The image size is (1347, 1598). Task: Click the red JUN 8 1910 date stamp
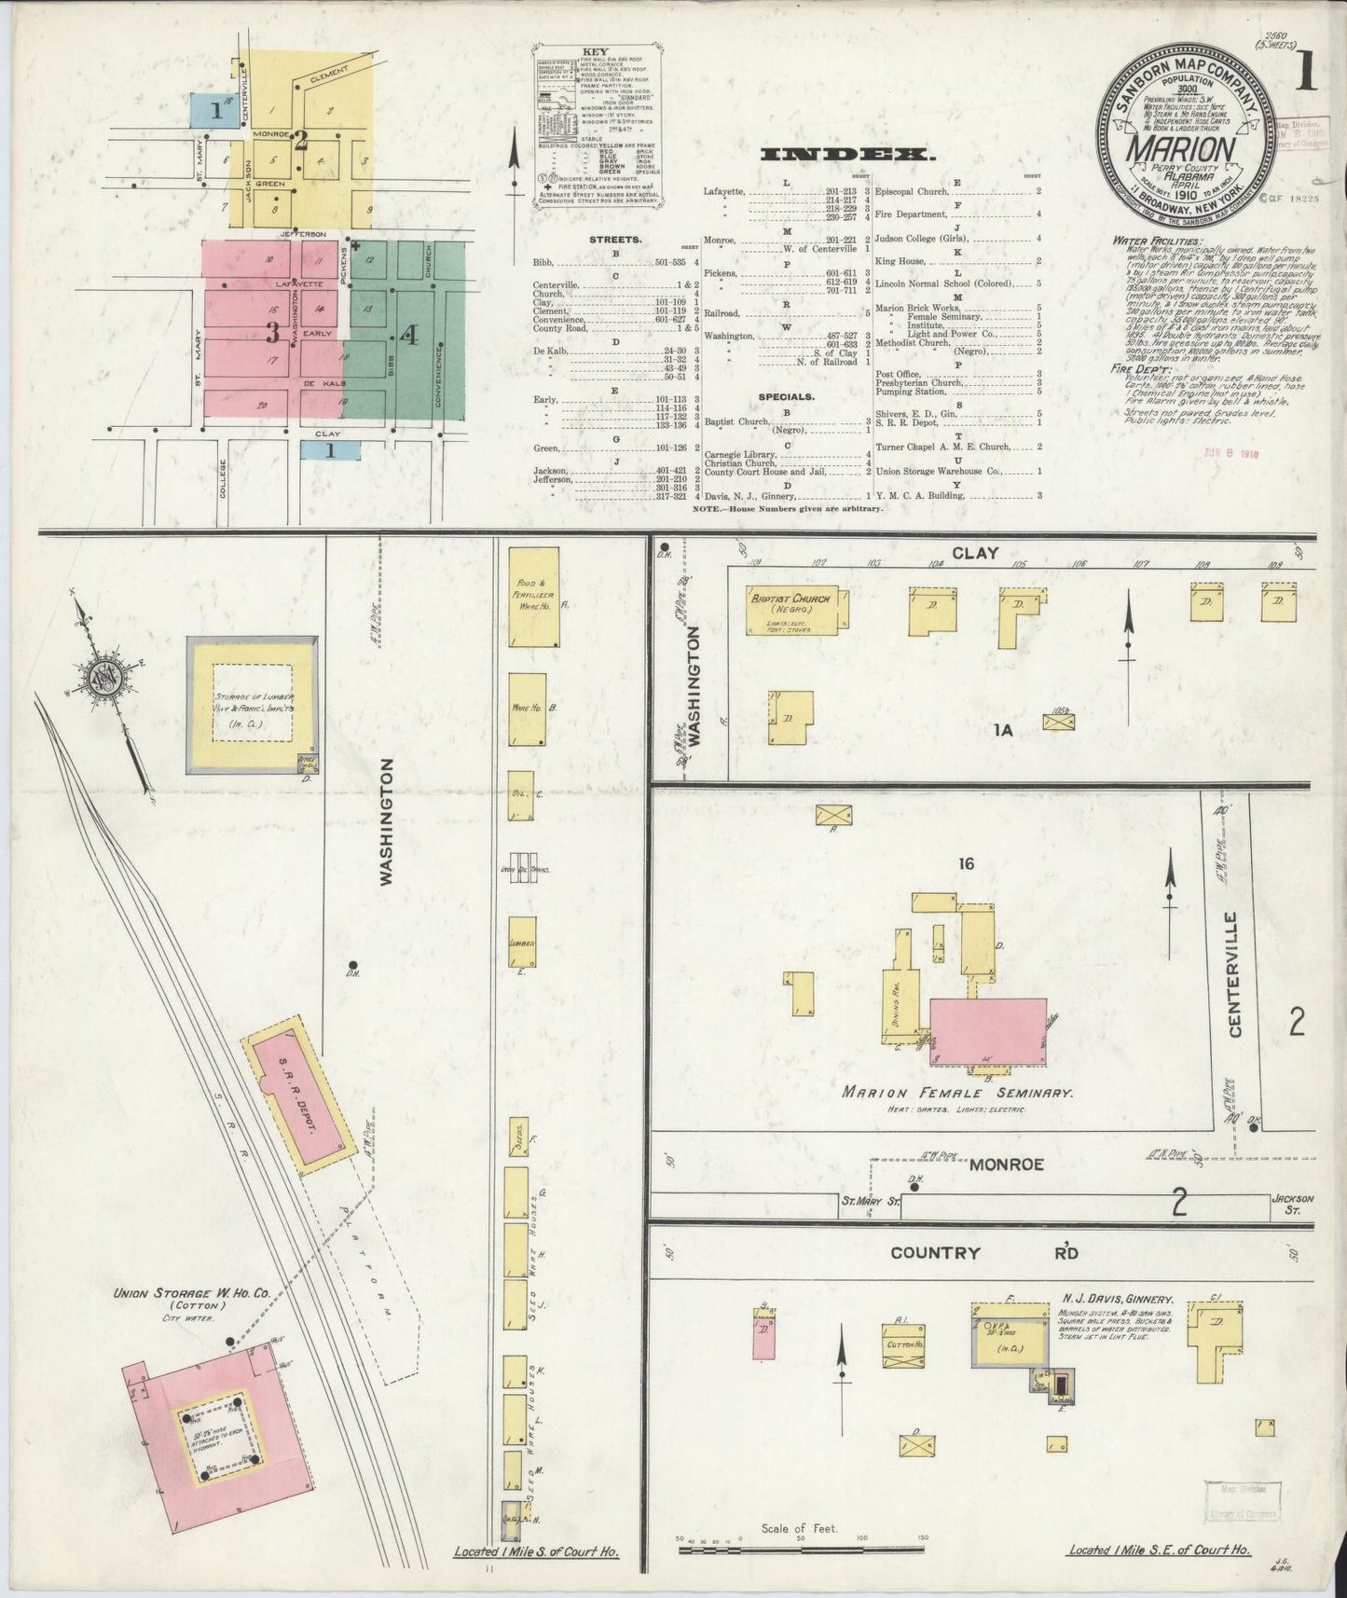1232,454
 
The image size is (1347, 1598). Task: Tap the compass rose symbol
102,676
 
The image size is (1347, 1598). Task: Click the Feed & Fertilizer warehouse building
533,597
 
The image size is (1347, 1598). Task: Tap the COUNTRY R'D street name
983,1252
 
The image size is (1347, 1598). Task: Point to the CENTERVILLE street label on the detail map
1235,974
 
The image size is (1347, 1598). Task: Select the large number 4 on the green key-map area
410,333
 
